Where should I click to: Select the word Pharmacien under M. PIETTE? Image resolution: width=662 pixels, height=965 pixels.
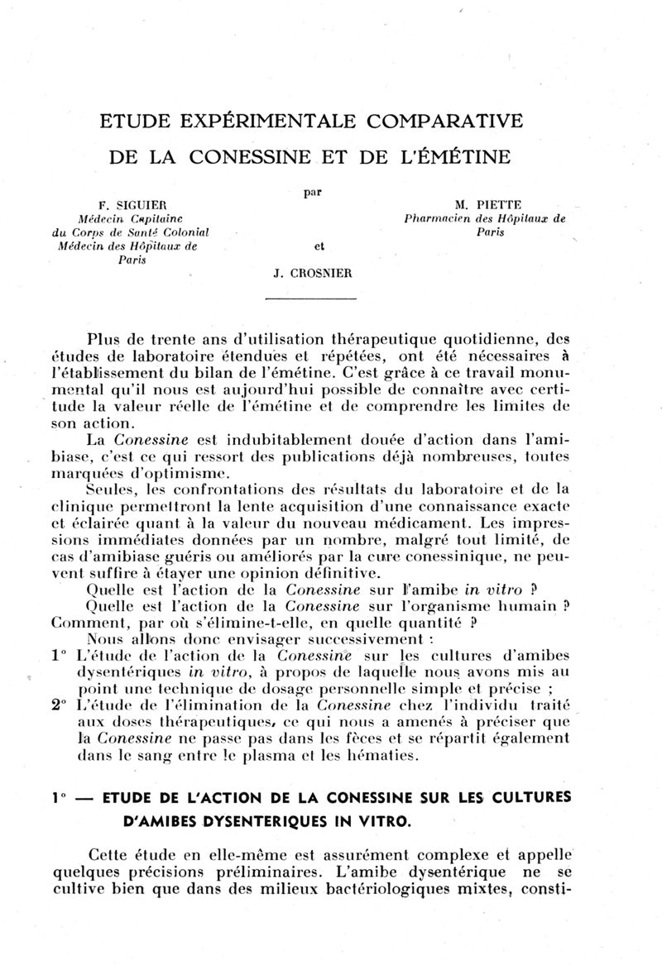point(439,219)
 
